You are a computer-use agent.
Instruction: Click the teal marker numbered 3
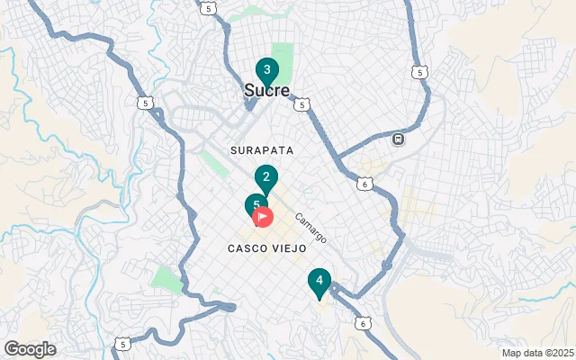coord(266,70)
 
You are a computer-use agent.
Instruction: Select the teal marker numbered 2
coord(265,177)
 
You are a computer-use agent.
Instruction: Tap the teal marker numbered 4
coord(319,281)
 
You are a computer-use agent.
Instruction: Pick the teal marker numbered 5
coord(256,205)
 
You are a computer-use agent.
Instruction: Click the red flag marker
coord(264,216)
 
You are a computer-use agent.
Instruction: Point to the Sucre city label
coord(266,91)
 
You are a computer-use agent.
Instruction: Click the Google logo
coord(30,349)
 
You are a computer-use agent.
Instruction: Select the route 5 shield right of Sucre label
coord(301,105)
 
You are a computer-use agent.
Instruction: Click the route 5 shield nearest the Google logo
coord(122,345)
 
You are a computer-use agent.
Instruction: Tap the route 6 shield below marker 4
coord(362,322)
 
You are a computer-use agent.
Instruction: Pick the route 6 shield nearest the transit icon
coord(364,184)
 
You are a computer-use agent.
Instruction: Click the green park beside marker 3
coord(283,59)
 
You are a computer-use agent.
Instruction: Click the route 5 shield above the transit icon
coord(419,72)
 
